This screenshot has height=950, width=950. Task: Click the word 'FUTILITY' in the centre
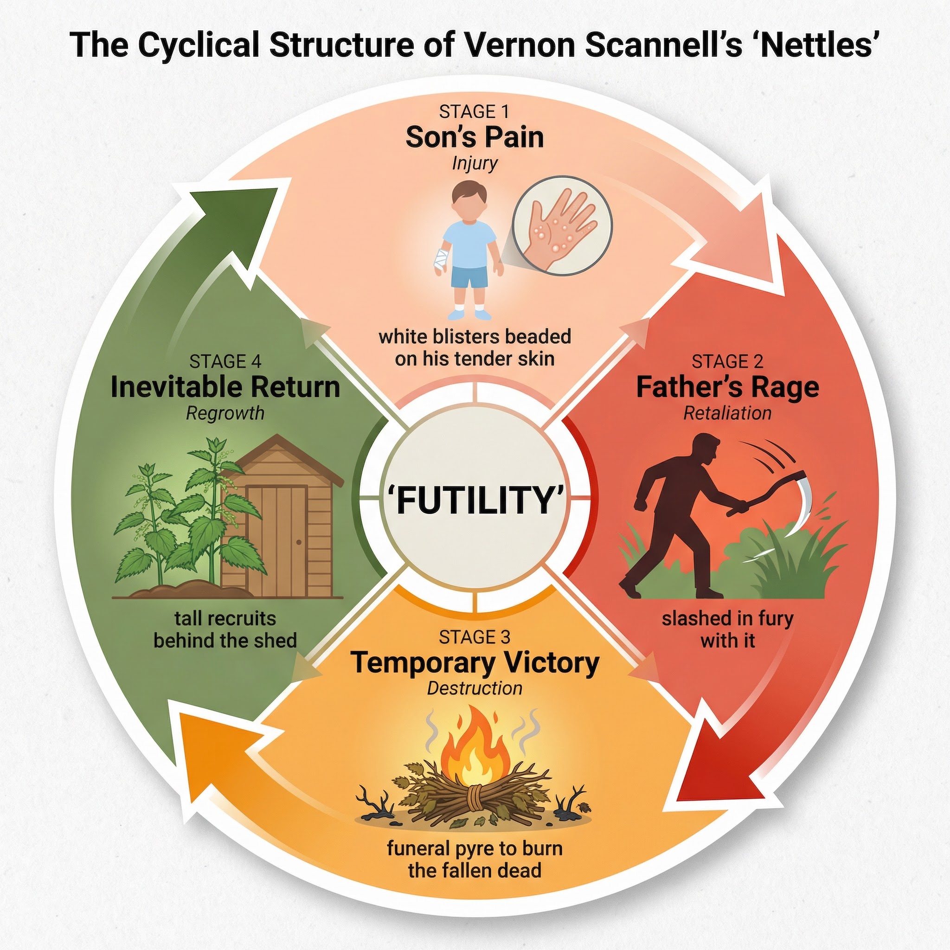click(x=475, y=500)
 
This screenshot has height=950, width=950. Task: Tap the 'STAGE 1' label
click(x=474, y=112)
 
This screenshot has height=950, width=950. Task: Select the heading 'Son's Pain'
click(x=475, y=137)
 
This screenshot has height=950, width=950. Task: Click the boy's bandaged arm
click(x=441, y=258)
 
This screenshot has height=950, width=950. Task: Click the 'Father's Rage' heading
click(x=727, y=387)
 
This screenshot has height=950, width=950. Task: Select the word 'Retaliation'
click(x=727, y=413)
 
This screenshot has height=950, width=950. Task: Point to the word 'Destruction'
click(x=475, y=688)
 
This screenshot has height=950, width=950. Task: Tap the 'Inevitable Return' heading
click(x=225, y=387)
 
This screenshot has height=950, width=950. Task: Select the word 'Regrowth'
click(x=225, y=413)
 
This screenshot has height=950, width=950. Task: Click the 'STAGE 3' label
click(x=475, y=637)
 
